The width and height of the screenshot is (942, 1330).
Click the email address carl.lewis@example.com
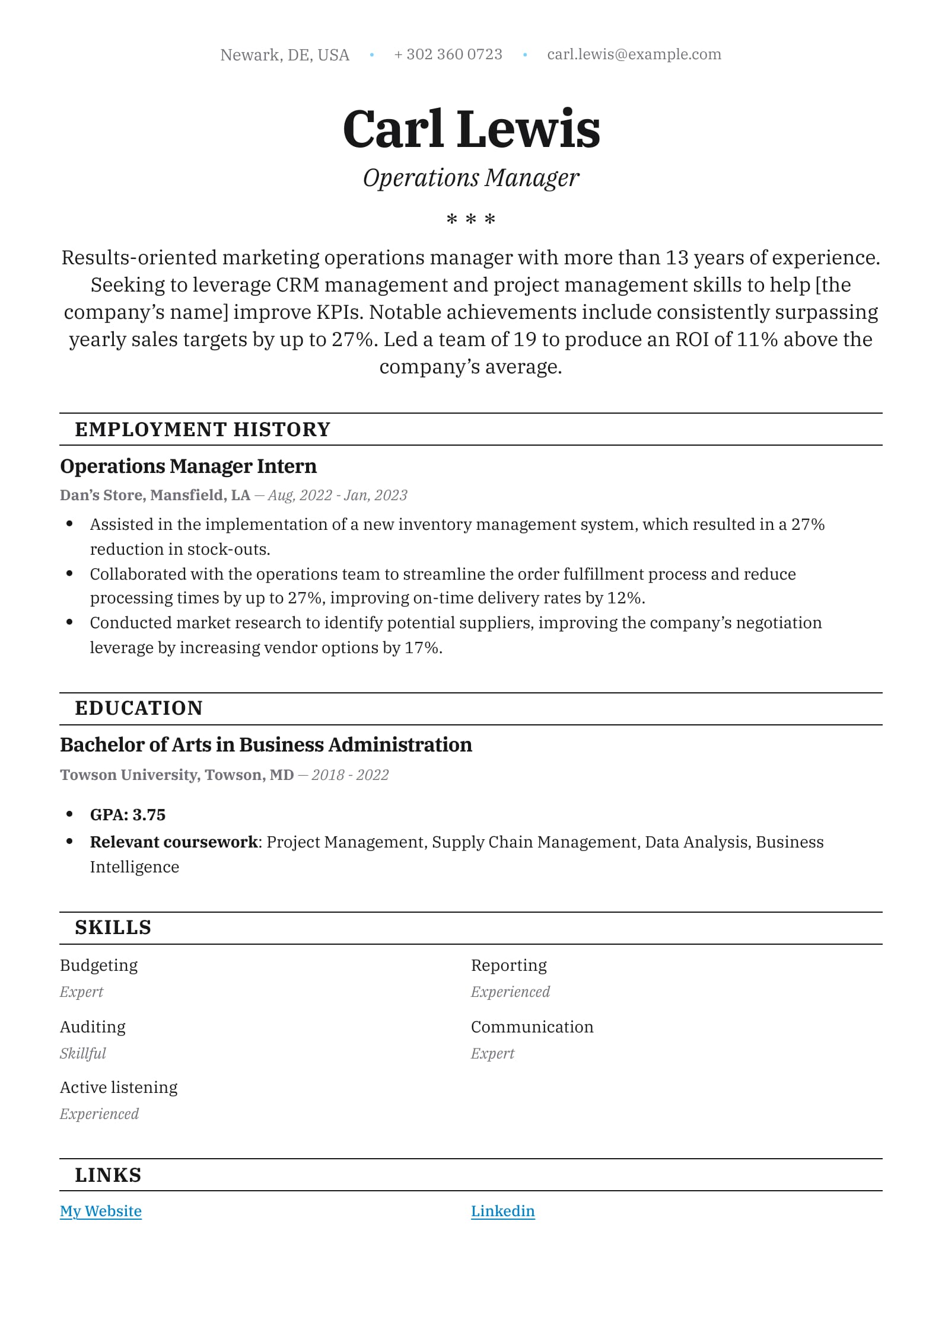coord(634,55)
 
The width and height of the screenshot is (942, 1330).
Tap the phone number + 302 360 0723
coord(448,55)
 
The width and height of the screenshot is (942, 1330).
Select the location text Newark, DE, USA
coord(285,55)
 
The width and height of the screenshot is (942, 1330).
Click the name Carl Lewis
coord(471,129)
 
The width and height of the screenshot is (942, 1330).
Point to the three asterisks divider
coord(471,220)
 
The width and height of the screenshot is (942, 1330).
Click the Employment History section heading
coord(202,430)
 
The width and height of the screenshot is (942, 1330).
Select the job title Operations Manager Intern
coord(188,466)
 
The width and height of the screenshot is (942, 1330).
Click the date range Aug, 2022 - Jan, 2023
coord(338,495)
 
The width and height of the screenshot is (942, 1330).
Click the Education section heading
coord(139,708)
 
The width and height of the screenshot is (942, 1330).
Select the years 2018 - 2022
coord(350,775)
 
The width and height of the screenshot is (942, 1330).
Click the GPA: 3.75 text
coord(128,815)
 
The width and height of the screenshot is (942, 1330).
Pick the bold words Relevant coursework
coord(174,842)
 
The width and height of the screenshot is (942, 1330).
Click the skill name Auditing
coord(93,1027)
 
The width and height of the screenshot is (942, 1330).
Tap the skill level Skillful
coord(82,1054)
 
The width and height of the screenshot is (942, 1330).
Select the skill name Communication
coord(532,1027)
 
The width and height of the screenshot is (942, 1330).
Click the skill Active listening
coord(119,1088)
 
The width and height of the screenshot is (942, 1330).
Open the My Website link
coord(101,1211)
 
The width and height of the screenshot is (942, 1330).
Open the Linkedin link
coord(502,1211)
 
